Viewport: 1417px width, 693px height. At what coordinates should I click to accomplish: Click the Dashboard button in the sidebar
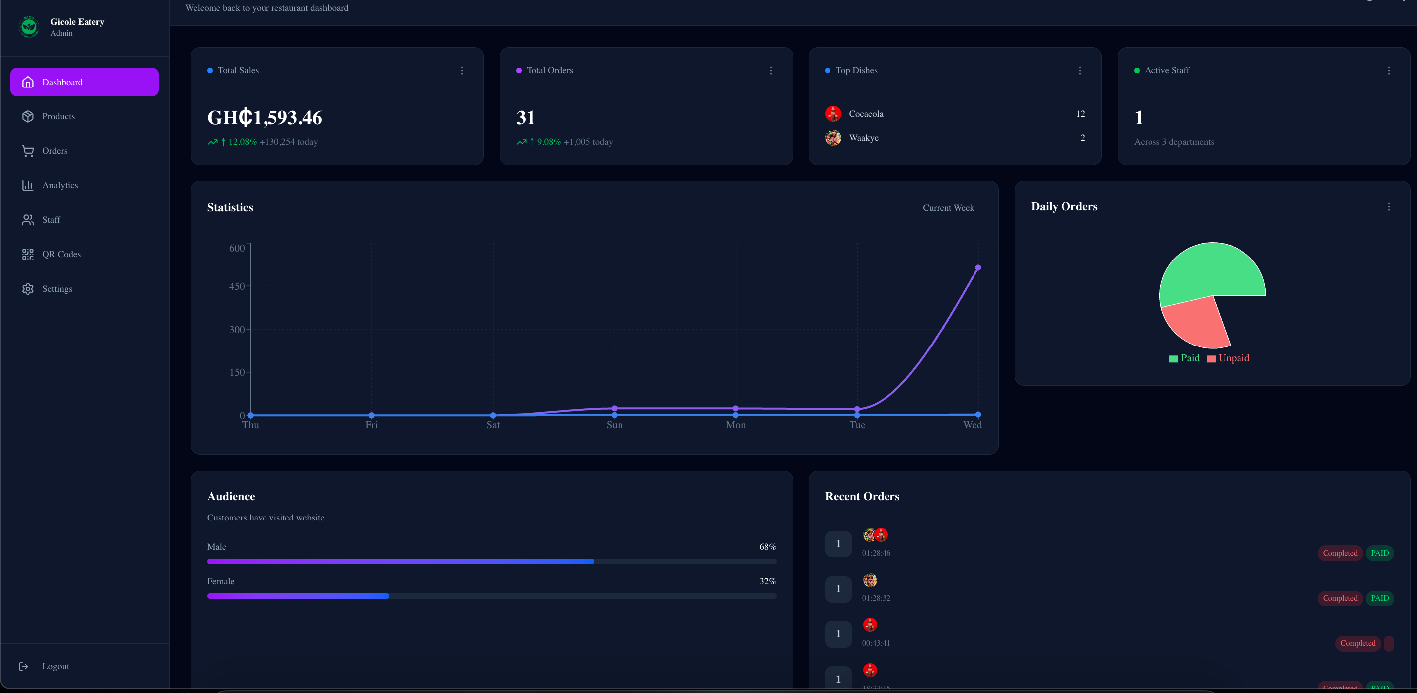point(84,82)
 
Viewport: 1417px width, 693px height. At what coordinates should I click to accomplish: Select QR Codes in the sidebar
point(61,254)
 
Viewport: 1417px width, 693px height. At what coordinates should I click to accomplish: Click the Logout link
point(55,666)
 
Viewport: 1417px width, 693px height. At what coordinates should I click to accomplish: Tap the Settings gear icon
point(28,289)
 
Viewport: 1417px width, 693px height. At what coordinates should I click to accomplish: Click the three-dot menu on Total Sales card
point(462,71)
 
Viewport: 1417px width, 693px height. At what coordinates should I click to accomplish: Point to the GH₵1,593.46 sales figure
point(264,118)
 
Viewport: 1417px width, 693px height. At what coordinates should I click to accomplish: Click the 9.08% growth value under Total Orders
point(548,142)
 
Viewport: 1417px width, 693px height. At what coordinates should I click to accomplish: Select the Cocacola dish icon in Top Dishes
point(833,114)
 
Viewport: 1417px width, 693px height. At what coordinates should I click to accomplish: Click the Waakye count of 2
point(1082,138)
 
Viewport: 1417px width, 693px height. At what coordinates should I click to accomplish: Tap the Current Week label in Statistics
point(948,208)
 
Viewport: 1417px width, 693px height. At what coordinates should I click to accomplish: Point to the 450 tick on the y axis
point(237,286)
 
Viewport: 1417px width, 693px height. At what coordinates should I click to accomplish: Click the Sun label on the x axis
point(615,425)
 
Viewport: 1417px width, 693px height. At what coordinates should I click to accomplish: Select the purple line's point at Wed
point(978,268)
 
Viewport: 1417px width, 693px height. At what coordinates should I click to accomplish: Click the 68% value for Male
point(767,547)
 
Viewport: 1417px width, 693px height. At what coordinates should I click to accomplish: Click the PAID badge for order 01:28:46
point(1379,553)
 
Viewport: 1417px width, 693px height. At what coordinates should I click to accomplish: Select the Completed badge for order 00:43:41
point(1357,643)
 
